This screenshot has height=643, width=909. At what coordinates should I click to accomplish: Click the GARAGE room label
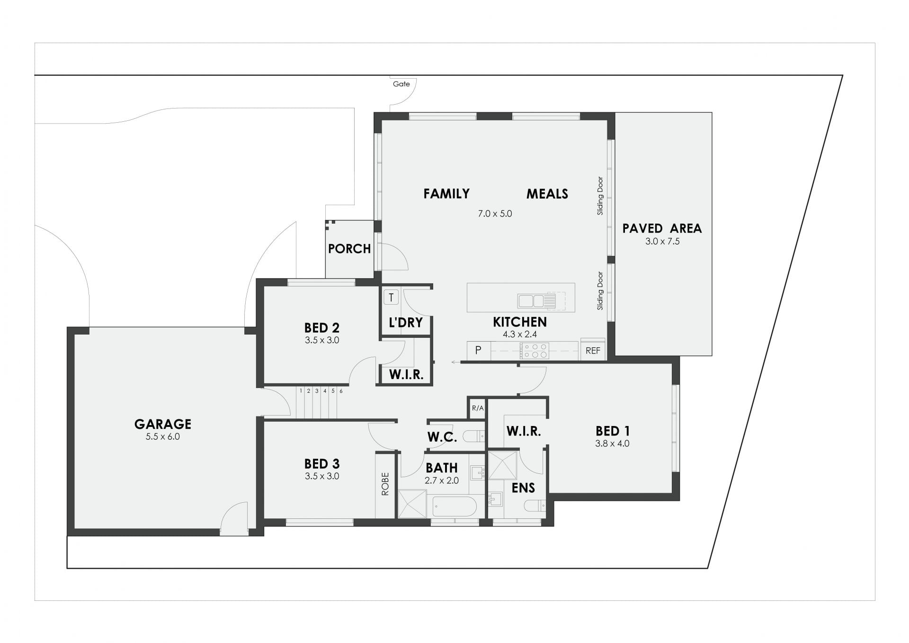click(x=163, y=424)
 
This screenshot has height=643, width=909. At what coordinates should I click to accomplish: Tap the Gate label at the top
click(x=401, y=84)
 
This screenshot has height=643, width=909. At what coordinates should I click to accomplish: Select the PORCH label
click(x=349, y=249)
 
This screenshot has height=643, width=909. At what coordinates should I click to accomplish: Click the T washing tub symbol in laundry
click(x=391, y=298)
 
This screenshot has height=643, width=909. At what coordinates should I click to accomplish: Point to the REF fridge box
click(x=593, y=350)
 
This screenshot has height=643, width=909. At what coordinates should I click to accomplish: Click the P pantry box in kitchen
click(x=479, y=351)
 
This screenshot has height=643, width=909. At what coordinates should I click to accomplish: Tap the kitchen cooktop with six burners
click(x=535, y=351)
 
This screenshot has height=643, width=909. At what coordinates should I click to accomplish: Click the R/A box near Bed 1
click(x=478, y=408)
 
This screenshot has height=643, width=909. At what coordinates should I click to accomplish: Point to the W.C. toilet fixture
click(x=474, y=436)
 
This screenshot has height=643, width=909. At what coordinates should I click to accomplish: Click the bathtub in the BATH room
click(x=454, y=507)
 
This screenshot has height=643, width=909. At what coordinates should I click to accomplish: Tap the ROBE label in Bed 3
click(x=385, y=484)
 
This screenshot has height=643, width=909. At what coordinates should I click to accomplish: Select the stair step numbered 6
click(x=341, y=391)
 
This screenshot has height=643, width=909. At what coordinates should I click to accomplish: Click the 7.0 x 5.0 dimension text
click(x=495, y=214)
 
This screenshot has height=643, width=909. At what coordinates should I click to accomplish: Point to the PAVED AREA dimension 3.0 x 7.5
click(x=662, y=242)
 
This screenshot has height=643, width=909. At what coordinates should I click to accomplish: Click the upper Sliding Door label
click(x=600, y=196)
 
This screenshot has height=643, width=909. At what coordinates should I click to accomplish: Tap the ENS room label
click(x=523, y=488)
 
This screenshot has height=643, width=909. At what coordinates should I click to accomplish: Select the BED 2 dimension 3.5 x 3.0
click(x=322, y=340)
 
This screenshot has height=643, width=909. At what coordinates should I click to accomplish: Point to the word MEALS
click(x=547, y=194)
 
